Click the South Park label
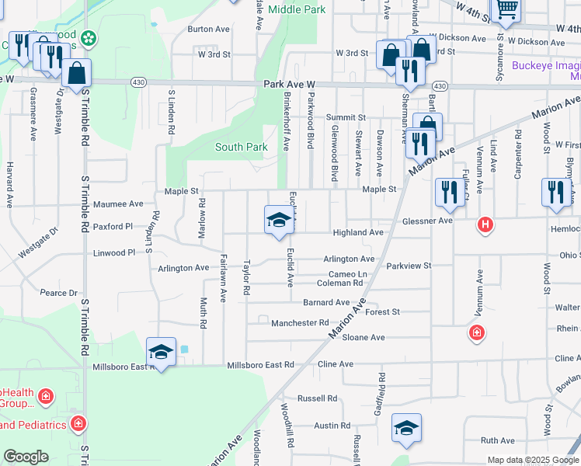241,147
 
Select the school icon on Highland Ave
279,221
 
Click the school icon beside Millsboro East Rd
161,352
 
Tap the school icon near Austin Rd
406,428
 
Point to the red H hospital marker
485,225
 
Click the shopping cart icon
505,9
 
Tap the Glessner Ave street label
427,221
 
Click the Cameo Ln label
347,274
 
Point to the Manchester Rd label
300,322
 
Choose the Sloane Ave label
364,337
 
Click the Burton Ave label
209,29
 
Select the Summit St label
346,117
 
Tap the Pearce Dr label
59,293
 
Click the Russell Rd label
317,398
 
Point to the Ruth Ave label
498,440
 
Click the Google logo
26,457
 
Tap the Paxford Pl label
113,228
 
